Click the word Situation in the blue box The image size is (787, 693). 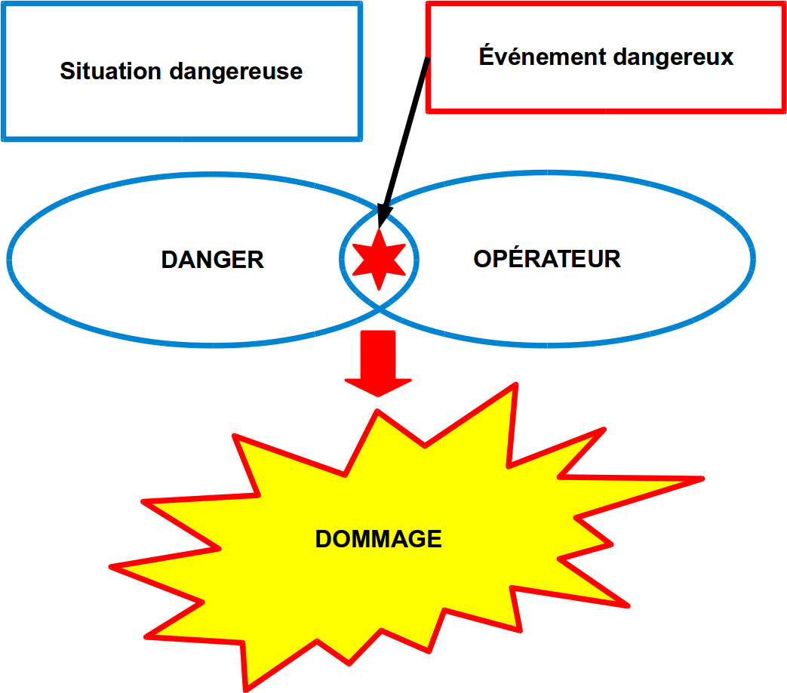point(110,71)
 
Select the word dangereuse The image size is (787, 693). point(236,72)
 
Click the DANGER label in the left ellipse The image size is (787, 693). point(212,260)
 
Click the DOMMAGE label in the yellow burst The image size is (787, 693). point(379,539)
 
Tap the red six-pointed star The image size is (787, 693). point(379,259)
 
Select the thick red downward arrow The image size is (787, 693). point(378,364)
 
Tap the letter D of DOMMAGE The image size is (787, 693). point(324,539)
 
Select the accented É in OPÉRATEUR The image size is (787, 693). point(520,257)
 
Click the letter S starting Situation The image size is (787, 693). point(68,71)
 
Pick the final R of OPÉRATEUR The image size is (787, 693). point(613,259)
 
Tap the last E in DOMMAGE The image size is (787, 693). point(434,539)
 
